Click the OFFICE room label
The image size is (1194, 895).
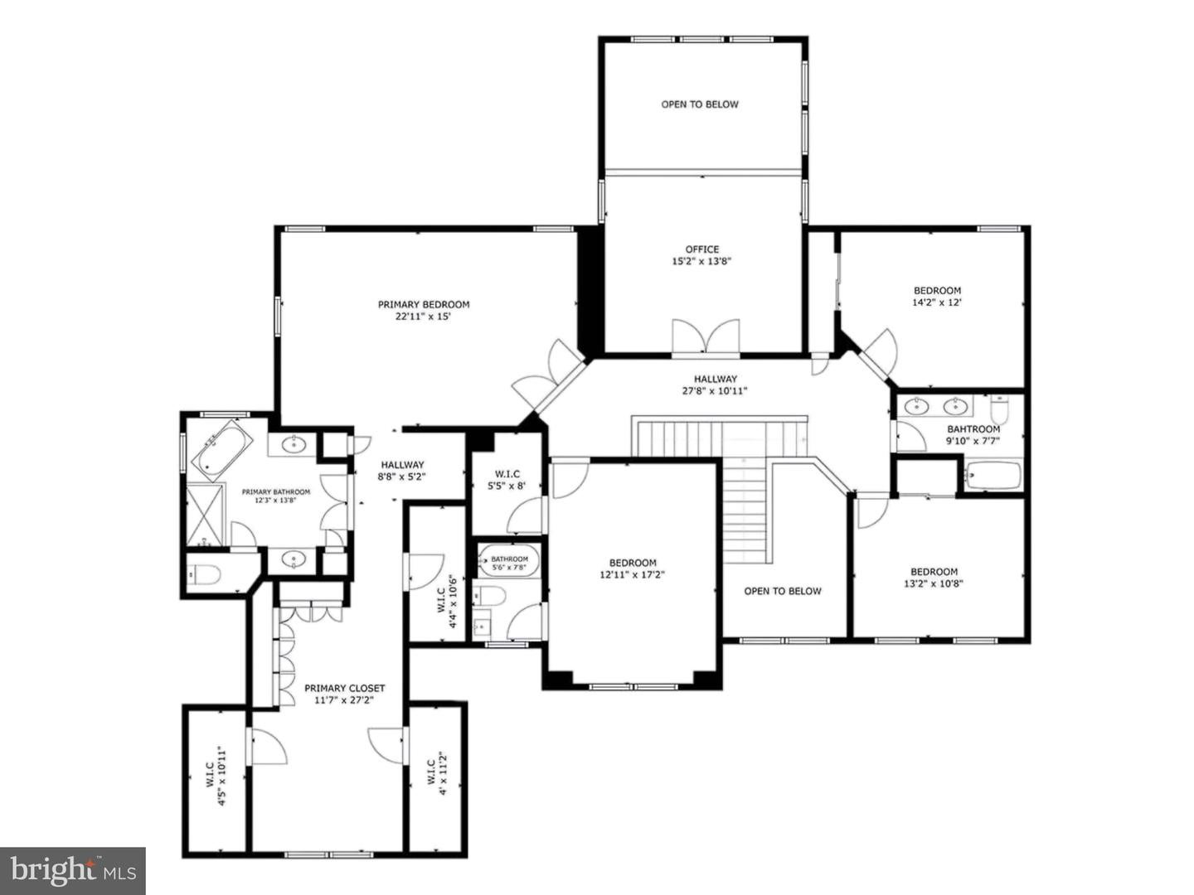pos(701,249)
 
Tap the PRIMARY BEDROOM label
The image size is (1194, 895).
pos(424,304)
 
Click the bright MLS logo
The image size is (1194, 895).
pos(73,870)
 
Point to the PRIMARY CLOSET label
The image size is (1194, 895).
pos(344,688)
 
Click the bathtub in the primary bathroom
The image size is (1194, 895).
pos(222,450)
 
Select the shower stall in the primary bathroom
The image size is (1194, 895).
pos(204,515)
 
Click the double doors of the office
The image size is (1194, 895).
pos(705,338)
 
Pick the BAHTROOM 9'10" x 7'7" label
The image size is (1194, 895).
pos(973,435)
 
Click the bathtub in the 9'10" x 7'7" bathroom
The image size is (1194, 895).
pos(993,477)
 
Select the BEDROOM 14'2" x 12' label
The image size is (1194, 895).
pos(937,296)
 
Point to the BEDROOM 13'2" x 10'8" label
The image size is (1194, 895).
pos(934,577)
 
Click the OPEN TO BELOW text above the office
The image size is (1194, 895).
pos(699,104)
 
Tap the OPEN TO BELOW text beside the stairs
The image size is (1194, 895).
pos(782,591)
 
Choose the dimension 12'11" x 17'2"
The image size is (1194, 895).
pos(633,574)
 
